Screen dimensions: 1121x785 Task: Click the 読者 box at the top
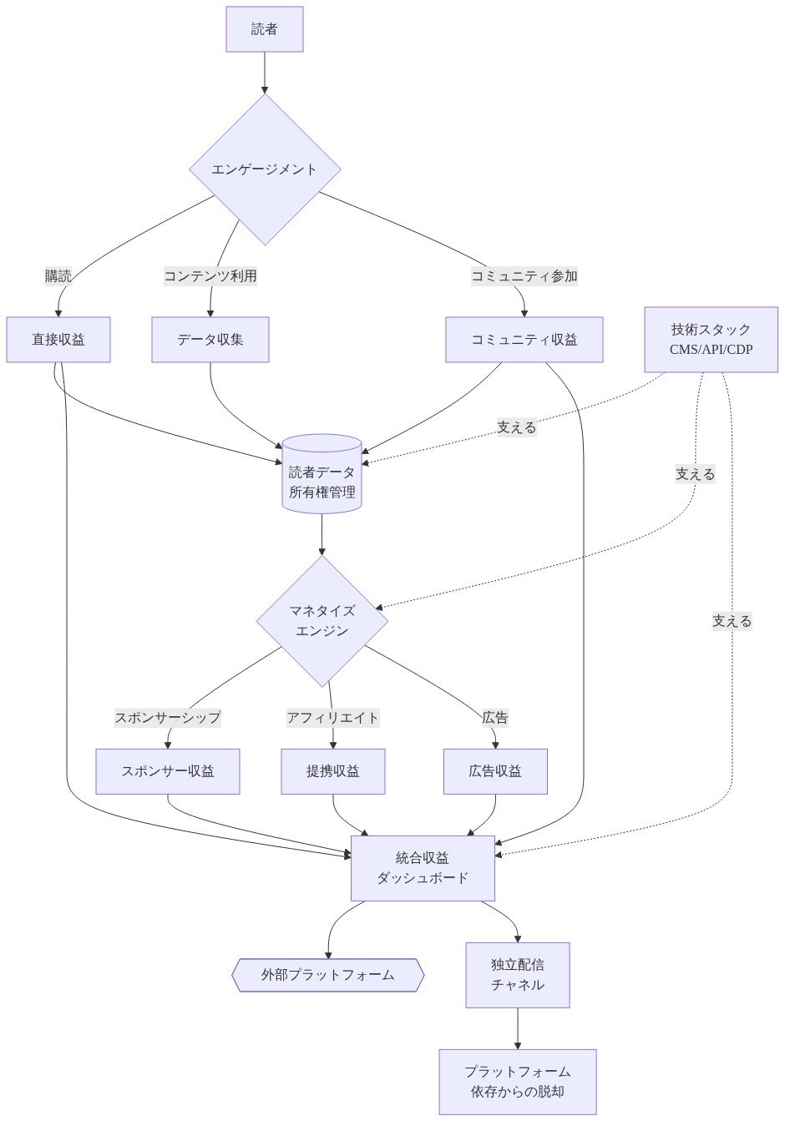point(264,29)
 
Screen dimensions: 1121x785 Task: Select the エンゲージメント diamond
point(265,169)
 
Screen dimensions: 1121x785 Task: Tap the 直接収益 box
point(58,340)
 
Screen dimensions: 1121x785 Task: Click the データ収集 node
point(210,340)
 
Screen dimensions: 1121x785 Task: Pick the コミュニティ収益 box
point(524,340)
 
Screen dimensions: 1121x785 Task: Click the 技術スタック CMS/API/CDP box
point(711,339)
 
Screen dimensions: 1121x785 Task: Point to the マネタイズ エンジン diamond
point(322,621)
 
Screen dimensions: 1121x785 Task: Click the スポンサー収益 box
point(168,771)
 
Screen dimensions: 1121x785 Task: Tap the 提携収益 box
point(333,771)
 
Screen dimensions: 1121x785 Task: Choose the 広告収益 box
point(495,771)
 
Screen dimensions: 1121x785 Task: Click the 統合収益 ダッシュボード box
point(423,868)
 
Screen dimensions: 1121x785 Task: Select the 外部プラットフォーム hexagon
point(327,975)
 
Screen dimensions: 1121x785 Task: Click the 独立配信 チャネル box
point(518,975)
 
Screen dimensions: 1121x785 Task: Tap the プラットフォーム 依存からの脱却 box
point(518,1082)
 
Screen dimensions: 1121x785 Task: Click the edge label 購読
point(58,276)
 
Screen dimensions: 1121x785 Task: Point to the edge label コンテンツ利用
point(210,276)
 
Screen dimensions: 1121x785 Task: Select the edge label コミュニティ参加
point(524,276)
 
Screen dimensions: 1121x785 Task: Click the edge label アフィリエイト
point(332,718)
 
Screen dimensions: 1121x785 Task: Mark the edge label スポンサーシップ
point(168,718)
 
